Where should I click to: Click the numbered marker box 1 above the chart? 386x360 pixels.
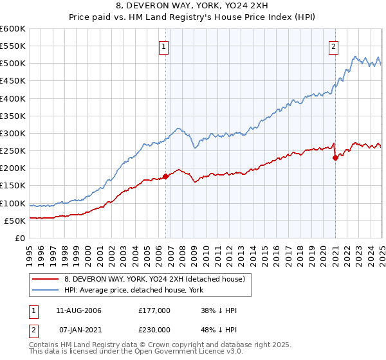pos(164,46)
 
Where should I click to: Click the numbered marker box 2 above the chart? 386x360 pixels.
pos(334,46)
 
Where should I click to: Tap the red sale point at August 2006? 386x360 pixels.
pos(165,175)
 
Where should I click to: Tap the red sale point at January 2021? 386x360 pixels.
pos(335,157)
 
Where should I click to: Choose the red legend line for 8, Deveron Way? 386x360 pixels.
pos(45,279)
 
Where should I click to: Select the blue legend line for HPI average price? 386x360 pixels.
pos(45,291)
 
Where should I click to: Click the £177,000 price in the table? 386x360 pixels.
pos(154,310)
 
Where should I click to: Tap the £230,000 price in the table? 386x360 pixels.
pos(154,330)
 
